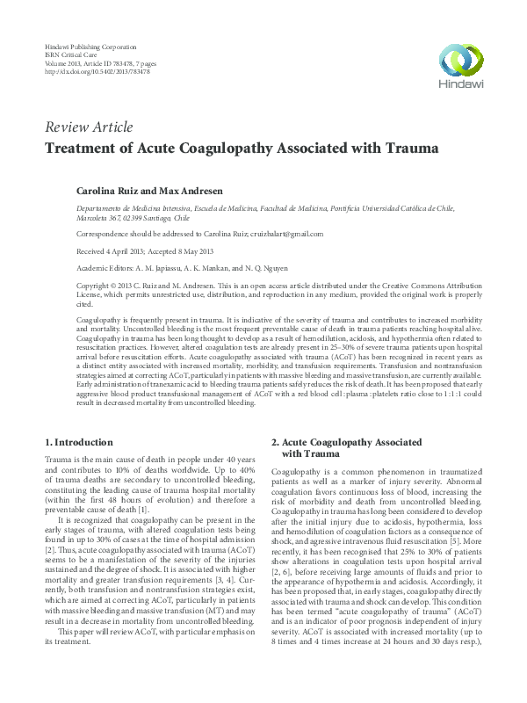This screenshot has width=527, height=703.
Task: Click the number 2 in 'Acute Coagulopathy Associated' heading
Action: pos(275,441)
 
